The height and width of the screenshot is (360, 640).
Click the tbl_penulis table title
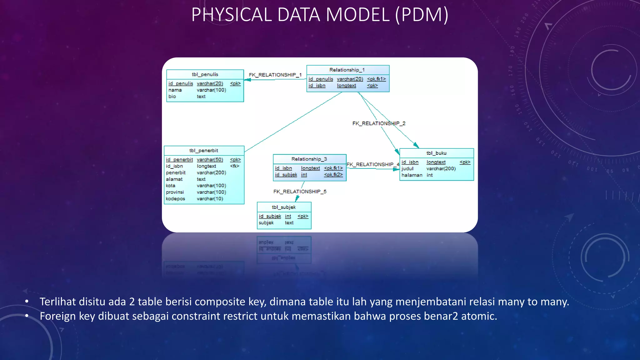click(x=205, y=74)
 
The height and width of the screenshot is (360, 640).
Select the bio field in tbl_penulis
click(x=172, y=97)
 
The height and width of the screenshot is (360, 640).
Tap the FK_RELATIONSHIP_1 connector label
click(x=275, y=75)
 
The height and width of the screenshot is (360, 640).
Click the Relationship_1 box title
click(x=347, y=70)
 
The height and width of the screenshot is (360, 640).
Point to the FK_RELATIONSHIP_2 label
click(x=379, y=123)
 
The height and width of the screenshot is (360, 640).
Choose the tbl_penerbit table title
click(x=204, y=151)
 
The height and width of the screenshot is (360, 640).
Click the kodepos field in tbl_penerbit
click(x=175, y=199)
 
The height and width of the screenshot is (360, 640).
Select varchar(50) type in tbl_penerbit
click(x=210, y=160)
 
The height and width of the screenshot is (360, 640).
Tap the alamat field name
click(x=174, y=179)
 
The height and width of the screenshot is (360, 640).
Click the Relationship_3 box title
click(x=309, y=159)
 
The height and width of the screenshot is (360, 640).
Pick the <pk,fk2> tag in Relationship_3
click(x=333, y=175)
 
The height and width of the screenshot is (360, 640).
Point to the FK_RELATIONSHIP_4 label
click(x=373, y=164)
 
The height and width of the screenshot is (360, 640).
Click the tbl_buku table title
click(x=436, y=153)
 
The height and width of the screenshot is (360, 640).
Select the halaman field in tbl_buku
click(x=412, y=175)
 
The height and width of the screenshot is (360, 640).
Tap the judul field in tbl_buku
click(x=407, y=169)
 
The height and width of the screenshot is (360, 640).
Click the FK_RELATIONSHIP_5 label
click(x=300, y=192)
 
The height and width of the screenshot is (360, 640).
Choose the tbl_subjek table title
click(x=283, y=207)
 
